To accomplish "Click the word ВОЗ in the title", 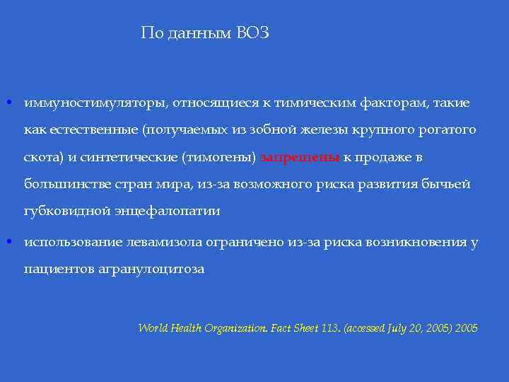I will (x=252, y=33).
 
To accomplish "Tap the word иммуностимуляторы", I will (x=96, y=103).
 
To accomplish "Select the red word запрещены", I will (x=300, y=157).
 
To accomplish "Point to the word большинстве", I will (x=64, y=184).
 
